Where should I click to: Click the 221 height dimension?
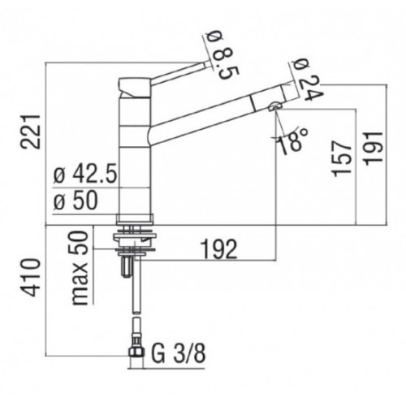click(31, 132)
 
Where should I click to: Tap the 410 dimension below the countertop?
click(31, 278)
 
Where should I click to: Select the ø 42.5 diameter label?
click(85, 174)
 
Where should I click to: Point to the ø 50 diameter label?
click(76, 201)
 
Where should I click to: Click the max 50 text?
click(80, 268)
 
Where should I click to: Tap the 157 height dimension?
click(342, 158)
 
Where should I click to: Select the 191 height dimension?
click(374, 149)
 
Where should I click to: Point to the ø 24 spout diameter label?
click(307, 80)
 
